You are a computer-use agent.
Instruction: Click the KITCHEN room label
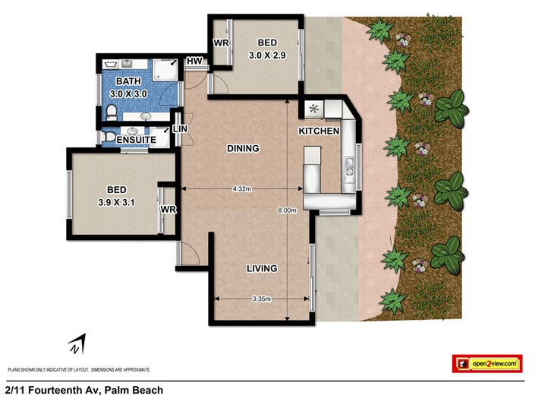[319, 131]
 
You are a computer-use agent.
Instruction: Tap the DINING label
[243, 148]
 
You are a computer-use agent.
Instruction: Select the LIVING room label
[262, 268]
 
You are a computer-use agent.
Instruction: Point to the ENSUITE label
[136, 140]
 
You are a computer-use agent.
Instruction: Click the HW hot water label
[194, 61]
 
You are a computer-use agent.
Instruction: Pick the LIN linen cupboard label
[180, 128]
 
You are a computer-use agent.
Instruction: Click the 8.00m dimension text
[287, 210]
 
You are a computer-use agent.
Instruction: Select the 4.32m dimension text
[242, 188]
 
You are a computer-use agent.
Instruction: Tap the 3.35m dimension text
[262, 299]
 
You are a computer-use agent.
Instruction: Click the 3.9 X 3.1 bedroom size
[116, 203]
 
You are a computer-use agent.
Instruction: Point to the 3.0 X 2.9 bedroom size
[267, 55]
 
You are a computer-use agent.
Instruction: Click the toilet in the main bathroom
[112, 112]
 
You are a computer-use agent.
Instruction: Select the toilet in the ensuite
[109, 137]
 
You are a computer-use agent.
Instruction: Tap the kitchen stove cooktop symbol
[313, 109]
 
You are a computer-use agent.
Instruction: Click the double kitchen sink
[349, 166]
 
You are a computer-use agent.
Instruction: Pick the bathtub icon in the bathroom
[111, 64]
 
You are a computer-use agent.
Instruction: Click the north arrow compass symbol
[77, 344]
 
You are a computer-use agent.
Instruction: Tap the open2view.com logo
[487, 364]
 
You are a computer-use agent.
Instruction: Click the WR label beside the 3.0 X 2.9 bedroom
[221, 43]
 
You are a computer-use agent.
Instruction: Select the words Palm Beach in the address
[134, 390]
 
